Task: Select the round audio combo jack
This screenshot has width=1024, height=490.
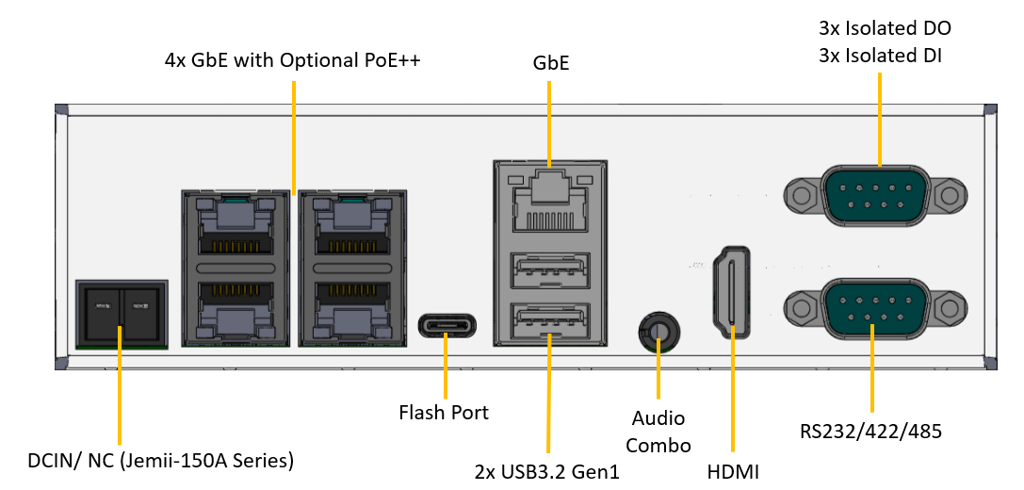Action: pos(658,333)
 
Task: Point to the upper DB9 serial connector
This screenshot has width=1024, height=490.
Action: pos(875,196)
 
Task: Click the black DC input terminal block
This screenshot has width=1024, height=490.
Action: pos(121,312)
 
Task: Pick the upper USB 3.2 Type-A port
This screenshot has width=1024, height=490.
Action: pos(549,274)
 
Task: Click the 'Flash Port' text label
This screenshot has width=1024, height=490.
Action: pos(444,412)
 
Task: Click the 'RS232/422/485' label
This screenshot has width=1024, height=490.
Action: pos(870,432)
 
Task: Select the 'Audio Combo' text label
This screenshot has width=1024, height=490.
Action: pos(658,432)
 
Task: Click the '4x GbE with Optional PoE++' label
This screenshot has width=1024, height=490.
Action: pos(292,61)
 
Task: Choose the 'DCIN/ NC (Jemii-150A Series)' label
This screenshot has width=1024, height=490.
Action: pos(161,461)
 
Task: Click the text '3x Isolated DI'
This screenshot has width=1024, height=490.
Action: pos(880,56)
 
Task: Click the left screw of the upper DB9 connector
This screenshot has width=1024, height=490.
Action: pos(801,196)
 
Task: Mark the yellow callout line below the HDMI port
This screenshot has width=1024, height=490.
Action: pos(732,396)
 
